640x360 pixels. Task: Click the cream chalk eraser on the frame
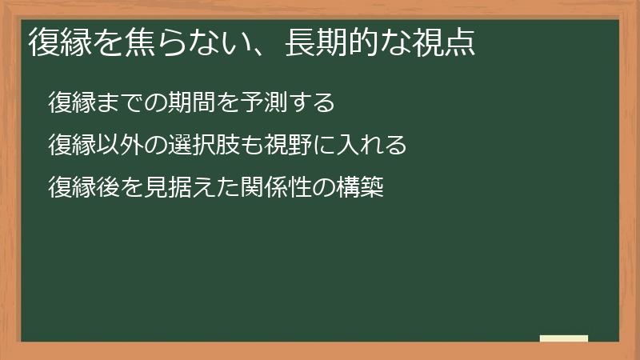tap(563, 338)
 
